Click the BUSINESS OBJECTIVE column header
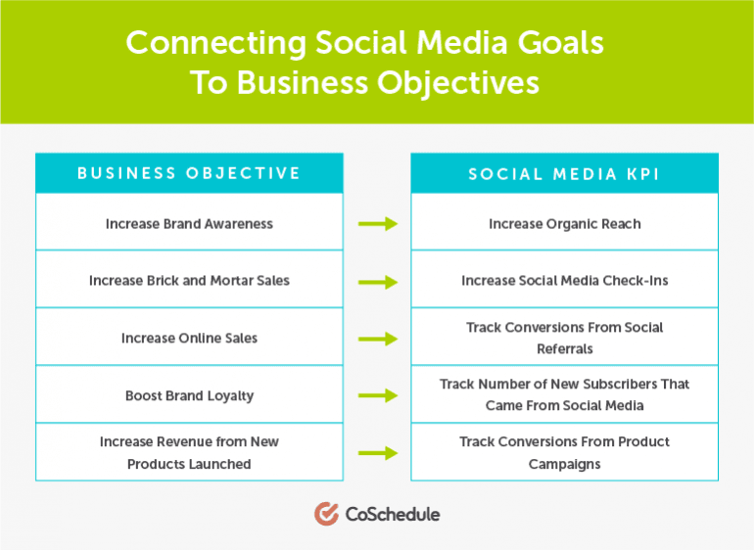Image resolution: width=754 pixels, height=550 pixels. (189, 173)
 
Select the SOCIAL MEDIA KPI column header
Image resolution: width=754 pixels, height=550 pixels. (565, 173)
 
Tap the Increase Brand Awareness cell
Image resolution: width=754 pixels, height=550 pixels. (189, 222)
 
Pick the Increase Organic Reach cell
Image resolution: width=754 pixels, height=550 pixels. (565, 222)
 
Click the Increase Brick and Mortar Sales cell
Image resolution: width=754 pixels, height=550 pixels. (189, 279)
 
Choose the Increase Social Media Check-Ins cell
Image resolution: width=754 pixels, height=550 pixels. (565, 279)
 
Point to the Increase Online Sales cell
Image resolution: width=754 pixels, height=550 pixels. (189, 337)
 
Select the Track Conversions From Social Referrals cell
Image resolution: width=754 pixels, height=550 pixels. (565, 337)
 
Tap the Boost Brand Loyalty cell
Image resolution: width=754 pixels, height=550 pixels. (189, 394)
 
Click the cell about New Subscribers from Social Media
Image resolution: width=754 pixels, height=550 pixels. (565, 394)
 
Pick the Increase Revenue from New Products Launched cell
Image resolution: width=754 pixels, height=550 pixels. (189, 452)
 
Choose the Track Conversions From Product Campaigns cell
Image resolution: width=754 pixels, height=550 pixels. (565, 452)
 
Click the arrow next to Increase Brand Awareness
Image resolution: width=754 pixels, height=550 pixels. (378, 223)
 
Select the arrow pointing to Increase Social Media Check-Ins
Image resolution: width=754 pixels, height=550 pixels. (378, 282)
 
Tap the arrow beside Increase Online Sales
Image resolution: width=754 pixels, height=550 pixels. (378, 339)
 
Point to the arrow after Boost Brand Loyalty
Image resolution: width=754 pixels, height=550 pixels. (378, 395)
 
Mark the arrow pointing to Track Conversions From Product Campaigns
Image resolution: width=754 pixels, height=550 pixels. (378, 453)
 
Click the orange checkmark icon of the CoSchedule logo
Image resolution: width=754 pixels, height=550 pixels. (326, 514)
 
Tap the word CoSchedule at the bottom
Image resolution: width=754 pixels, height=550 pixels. (393, 515)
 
